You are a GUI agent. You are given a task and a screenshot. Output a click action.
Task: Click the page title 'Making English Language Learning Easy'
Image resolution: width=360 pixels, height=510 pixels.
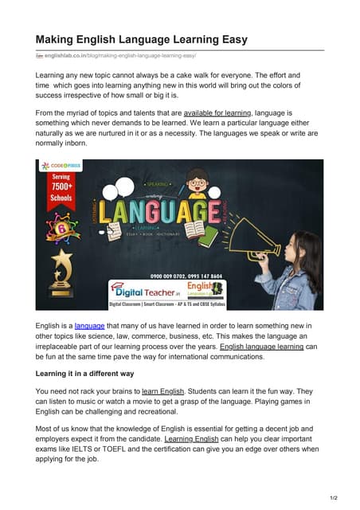coord(141,39)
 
